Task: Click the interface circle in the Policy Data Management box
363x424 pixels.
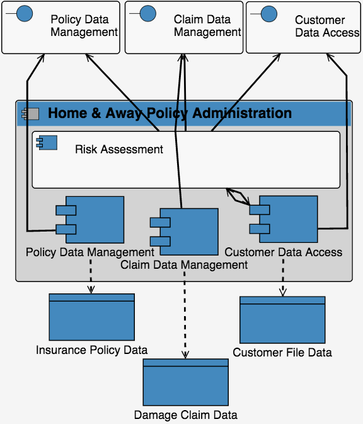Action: click(25, 13)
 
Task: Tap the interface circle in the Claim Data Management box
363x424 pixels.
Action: click(148, 13)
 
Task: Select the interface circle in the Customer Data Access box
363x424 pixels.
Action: click(269, 14)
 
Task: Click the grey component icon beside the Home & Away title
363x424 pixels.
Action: click(30, 114)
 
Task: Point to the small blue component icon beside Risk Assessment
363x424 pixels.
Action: click(47, 143)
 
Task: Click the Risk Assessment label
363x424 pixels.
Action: click(119, 150)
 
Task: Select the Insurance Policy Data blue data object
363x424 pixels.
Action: click(92, 317)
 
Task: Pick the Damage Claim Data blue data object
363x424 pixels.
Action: click(186, 382)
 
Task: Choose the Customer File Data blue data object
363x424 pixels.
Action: click(282, 320)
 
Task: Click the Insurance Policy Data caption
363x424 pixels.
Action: click(92, 350)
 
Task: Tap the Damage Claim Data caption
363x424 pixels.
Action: click(186, 415)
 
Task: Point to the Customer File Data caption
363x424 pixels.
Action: click(282, 353)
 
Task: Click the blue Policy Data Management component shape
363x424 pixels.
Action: click(90, 220)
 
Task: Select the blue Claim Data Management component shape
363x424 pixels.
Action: click(184, 232)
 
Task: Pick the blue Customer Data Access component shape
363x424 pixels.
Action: click(284, 220)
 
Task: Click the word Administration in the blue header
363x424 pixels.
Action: click(242, 113)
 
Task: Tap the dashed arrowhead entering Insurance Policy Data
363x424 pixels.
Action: click(91, 290)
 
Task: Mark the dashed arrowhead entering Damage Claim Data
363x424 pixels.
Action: click(185, 355)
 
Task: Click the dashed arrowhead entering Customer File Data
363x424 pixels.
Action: click(283, 293)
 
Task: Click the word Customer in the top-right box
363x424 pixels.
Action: click(320, 20)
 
